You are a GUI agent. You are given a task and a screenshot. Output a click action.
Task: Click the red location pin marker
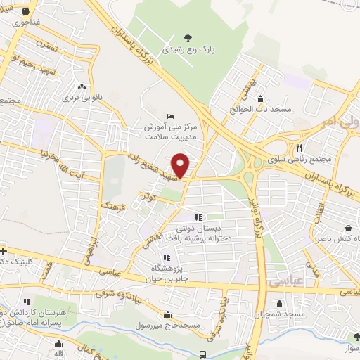(x=181, y=165)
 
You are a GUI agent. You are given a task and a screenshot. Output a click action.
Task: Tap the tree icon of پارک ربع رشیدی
(x=187, y=37)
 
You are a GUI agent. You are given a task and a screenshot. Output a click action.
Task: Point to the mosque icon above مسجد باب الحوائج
(x=260, y=98)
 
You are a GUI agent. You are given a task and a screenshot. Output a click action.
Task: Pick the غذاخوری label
(x=25, y=22)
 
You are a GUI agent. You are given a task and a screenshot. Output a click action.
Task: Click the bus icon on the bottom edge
(x=202, y=354)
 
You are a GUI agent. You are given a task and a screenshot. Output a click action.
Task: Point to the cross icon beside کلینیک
(x=4, y=250)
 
